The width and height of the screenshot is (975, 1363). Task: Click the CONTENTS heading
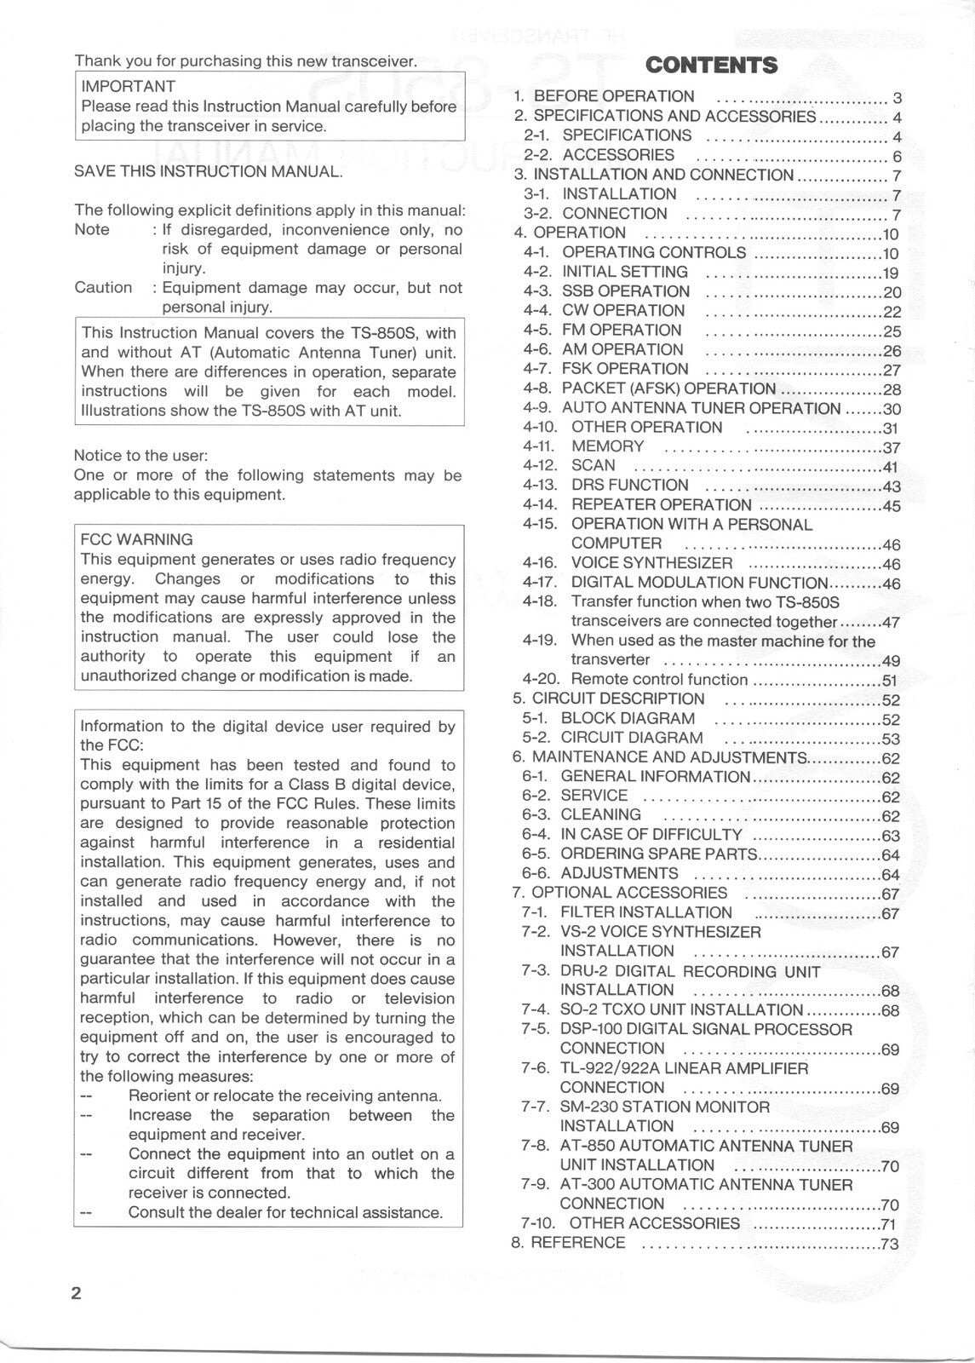point(711,66)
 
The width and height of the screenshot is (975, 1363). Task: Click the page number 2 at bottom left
point(77,1292)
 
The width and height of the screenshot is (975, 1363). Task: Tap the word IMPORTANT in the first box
point(128,86)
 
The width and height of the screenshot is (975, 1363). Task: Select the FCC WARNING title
point(136,539)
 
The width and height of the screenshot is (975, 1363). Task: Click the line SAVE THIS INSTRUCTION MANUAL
point(209,171)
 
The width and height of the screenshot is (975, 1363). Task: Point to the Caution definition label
point(103,288)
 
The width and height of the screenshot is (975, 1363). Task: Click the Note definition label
point(92,230)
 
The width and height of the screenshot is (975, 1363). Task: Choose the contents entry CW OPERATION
point(622,311)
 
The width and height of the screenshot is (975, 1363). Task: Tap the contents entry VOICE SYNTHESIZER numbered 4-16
point(651,563)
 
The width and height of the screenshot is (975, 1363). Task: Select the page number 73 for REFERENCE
point(890,1244)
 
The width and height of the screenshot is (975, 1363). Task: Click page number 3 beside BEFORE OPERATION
point(897,97)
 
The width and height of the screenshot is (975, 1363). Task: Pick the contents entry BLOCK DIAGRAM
point(628,719)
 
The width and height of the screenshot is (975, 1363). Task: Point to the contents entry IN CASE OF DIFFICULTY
point(651,835)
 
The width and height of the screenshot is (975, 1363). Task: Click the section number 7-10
point(539,1223)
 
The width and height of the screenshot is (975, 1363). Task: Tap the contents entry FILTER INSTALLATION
point(645,912)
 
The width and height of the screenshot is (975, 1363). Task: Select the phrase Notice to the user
point(141,456)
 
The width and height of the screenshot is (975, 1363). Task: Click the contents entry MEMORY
point(607,446)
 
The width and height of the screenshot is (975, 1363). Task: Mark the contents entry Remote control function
point(659,680)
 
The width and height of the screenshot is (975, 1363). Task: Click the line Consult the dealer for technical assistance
point(285,1212)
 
